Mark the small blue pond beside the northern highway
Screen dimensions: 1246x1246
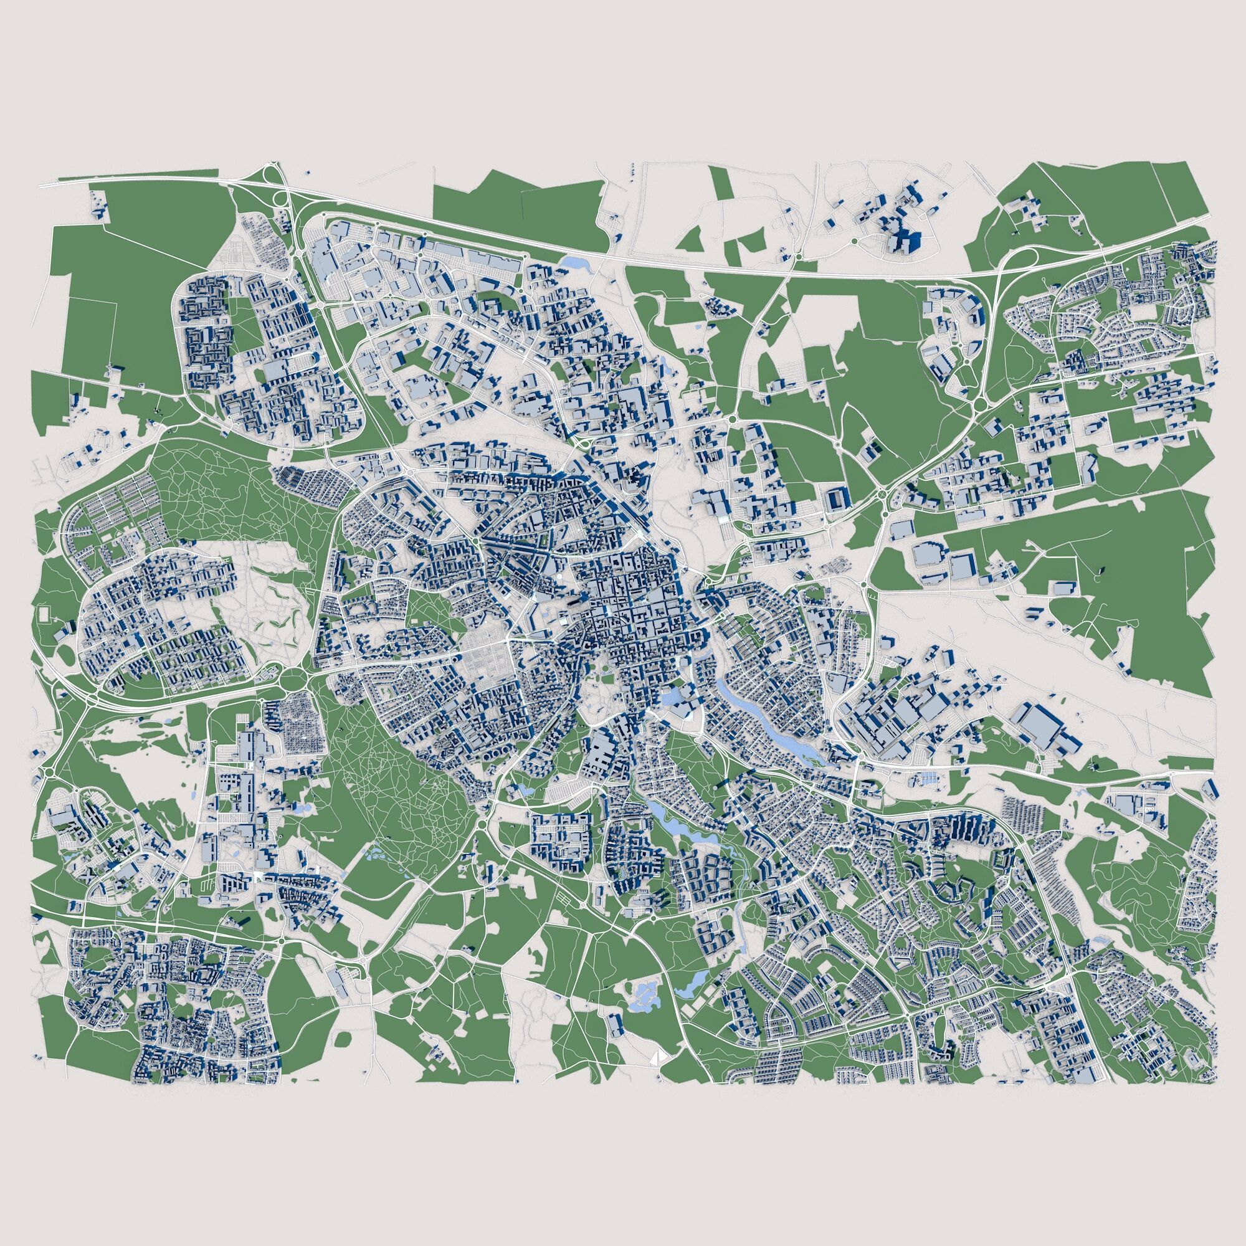pyautogui.click(x=571, y=262)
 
